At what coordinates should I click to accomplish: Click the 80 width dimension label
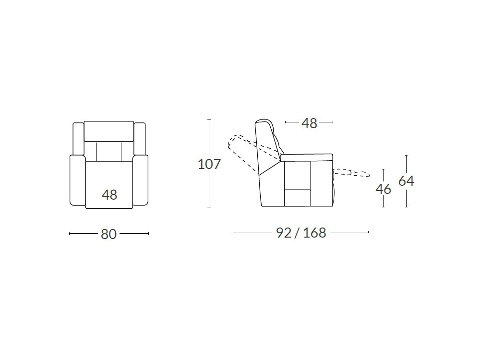(108, 234)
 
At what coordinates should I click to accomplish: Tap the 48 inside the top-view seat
(109, 195)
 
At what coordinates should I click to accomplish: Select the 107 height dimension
(209, 164)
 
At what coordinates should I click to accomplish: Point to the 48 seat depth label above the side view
(309, 123)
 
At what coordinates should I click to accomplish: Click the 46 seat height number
(383, 189)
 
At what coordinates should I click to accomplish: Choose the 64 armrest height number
(406, 181)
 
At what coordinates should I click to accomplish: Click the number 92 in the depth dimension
(284, 233)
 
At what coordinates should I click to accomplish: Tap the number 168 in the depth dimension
(315, 233)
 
